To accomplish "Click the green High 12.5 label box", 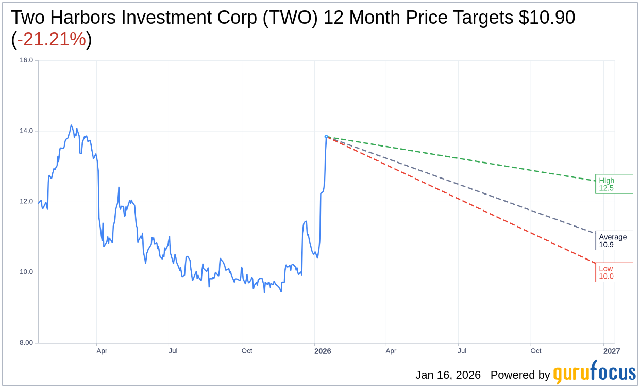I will pos(614,184).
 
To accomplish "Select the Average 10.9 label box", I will pos(614,240).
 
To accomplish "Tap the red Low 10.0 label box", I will pos(614,272).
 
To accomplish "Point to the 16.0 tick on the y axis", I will pos(26,60).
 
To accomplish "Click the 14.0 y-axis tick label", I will pos(26,131).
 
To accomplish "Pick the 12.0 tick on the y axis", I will pos(26,202).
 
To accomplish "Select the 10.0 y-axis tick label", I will pos(26,272).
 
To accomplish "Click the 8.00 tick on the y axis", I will pos(26,343).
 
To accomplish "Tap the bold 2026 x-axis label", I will pos(323,351).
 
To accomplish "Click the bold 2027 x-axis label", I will pos(612,351).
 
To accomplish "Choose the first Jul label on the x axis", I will pos(173,351).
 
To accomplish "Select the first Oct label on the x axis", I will pos(247,351).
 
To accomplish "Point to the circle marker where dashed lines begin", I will pos(326,137).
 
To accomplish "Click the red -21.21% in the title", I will pos(52,39).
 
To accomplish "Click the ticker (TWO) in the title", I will pos(291,18).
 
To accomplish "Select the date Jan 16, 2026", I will pos(448,375).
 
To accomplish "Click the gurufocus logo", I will pos(594,373).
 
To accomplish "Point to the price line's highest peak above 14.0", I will pos(71,125).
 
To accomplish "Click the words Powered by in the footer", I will pos(520,375).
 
